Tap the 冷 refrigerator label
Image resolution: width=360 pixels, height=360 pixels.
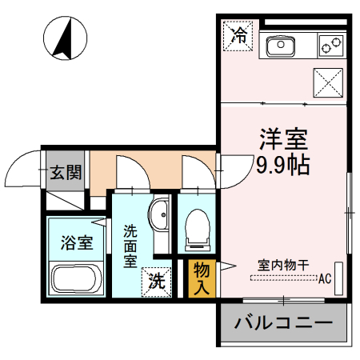click(x=238, y=34)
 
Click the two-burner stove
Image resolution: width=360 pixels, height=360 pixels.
click(x=330, y=46)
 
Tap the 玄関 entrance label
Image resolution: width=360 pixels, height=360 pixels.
click(x=64, y=170)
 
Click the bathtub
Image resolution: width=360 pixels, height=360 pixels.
click(x=75, y=280)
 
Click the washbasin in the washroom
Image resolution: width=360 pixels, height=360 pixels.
click(x=158, y=215)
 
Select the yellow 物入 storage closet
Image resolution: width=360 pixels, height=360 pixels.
click(x=201, y=277)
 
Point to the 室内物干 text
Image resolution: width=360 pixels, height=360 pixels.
click(x=283, y=263)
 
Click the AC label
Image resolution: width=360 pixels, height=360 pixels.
click(x=325, y=279)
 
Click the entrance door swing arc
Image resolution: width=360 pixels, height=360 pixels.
click(x=22, y=166)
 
